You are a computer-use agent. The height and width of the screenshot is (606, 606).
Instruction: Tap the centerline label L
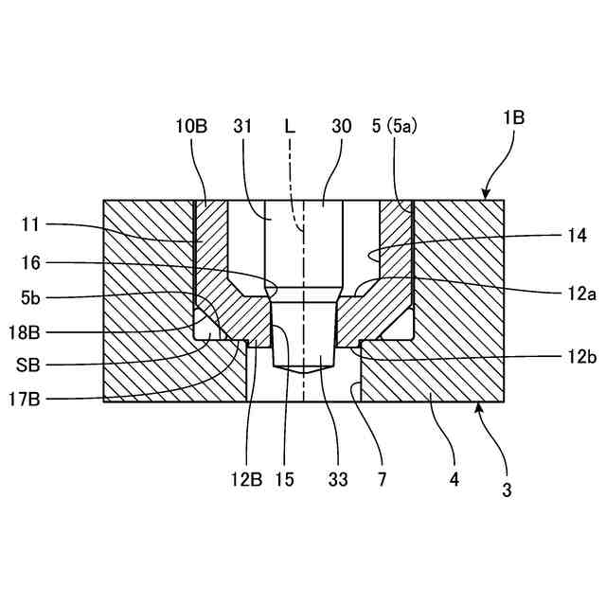tap(290, 126)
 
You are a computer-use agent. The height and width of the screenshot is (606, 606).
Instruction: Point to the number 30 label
tap(342, 126)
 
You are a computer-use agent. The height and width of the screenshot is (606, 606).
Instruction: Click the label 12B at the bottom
tap(248, 480)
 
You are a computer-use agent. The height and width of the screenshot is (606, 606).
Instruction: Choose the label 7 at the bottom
tap(382, 480)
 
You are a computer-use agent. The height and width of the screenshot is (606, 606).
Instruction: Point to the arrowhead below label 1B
tap(485, 197)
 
